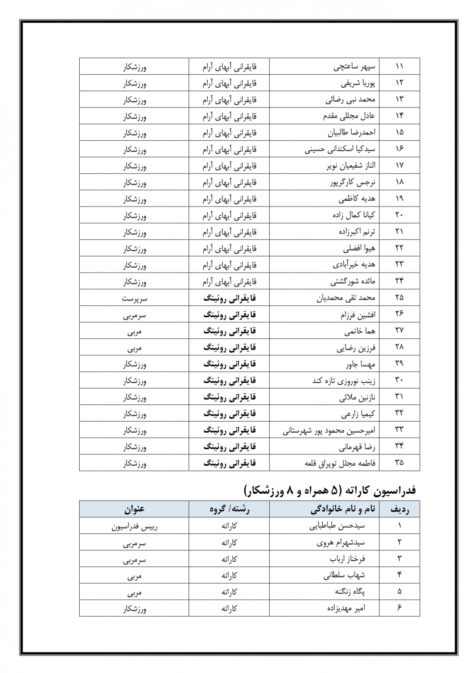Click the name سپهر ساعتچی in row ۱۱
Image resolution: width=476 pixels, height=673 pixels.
tap(354, 67)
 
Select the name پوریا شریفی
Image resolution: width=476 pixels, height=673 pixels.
tap(358, 83)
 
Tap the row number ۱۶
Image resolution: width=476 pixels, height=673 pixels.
tap(399, 149)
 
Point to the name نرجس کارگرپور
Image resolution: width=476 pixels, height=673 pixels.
tap(353, 182)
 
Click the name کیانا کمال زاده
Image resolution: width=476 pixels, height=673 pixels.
tap(353, 215)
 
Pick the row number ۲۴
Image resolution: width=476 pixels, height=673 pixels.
tap(399, 281)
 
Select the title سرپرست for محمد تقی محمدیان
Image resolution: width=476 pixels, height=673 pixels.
tap(134, 298)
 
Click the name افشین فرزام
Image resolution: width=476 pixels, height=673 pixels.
tap(358, 315)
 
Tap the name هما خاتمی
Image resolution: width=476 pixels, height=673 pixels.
tap(360, 331)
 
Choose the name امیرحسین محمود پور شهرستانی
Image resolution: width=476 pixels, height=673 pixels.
tap(329, 430)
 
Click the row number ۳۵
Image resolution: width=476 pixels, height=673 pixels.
tap(399, 462)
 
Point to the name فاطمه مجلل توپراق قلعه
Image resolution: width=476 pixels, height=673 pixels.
tap(340, 463)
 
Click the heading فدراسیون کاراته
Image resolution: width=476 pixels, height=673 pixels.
tap(330, 491)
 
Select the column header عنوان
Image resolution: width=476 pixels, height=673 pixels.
tap(134, 510)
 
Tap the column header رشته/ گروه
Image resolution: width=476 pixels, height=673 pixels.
tap(229, 510)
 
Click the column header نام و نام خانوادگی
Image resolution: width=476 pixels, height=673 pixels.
tap(343, 510)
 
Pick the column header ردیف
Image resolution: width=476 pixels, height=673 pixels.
tap(399, 510)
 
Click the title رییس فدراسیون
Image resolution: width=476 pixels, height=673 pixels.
tap(134, 527)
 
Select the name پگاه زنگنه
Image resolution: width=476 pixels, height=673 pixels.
tap(350, 592)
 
